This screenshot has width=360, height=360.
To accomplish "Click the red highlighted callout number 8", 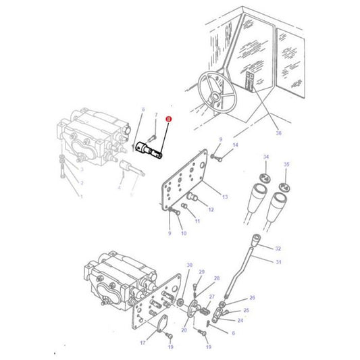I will point(169,119).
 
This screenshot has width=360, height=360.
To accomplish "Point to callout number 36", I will point(278,133).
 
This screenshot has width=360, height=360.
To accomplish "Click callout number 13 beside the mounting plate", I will point(225,197).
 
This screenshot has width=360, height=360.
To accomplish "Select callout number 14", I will point(235,145).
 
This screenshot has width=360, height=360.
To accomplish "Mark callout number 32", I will point(278,249).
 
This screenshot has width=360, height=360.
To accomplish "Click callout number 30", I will point(189,265).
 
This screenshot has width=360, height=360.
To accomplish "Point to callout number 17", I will point(143,343).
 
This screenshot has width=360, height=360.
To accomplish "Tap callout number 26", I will point(253,297).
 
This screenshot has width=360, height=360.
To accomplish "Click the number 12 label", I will point(211,210).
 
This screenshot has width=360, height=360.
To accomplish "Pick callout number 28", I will point(216,278).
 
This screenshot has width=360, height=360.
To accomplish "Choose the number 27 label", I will point(211,297).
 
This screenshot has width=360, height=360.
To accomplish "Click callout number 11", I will point(197,221).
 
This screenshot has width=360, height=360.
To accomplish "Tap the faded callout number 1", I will point(80,197).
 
